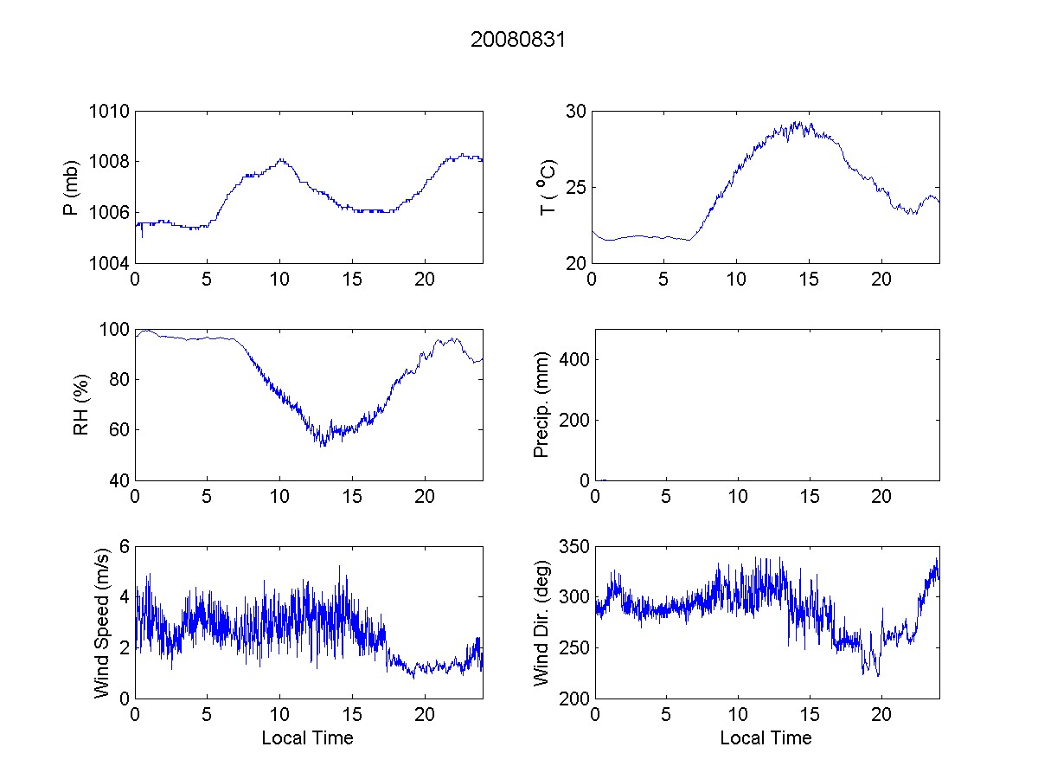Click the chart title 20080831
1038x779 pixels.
(x=517, y=40)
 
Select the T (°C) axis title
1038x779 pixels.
(x=548, y=187)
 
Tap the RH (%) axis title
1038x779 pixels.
(x=81, y=405)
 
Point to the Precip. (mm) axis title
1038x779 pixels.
(x=542, y=405)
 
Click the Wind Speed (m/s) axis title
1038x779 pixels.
(x=102, y=622)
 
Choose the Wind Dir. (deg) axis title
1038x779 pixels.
(x=542, y=622)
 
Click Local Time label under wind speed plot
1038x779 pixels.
(x=307, y=737)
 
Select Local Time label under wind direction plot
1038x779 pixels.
(x=766, y=737)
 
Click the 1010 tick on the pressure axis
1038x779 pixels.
(x=110, y=112)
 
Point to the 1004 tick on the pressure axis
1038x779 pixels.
(x=110, y=263)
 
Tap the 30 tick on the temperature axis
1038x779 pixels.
(x=576, y=112)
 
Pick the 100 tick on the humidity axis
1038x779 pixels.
(x=114, y=330)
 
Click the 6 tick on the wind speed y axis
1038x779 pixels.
(x=123, y=547)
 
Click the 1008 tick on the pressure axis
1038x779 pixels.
(x=110, y=162)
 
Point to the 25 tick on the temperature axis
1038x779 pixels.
(x=576, y=188)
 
